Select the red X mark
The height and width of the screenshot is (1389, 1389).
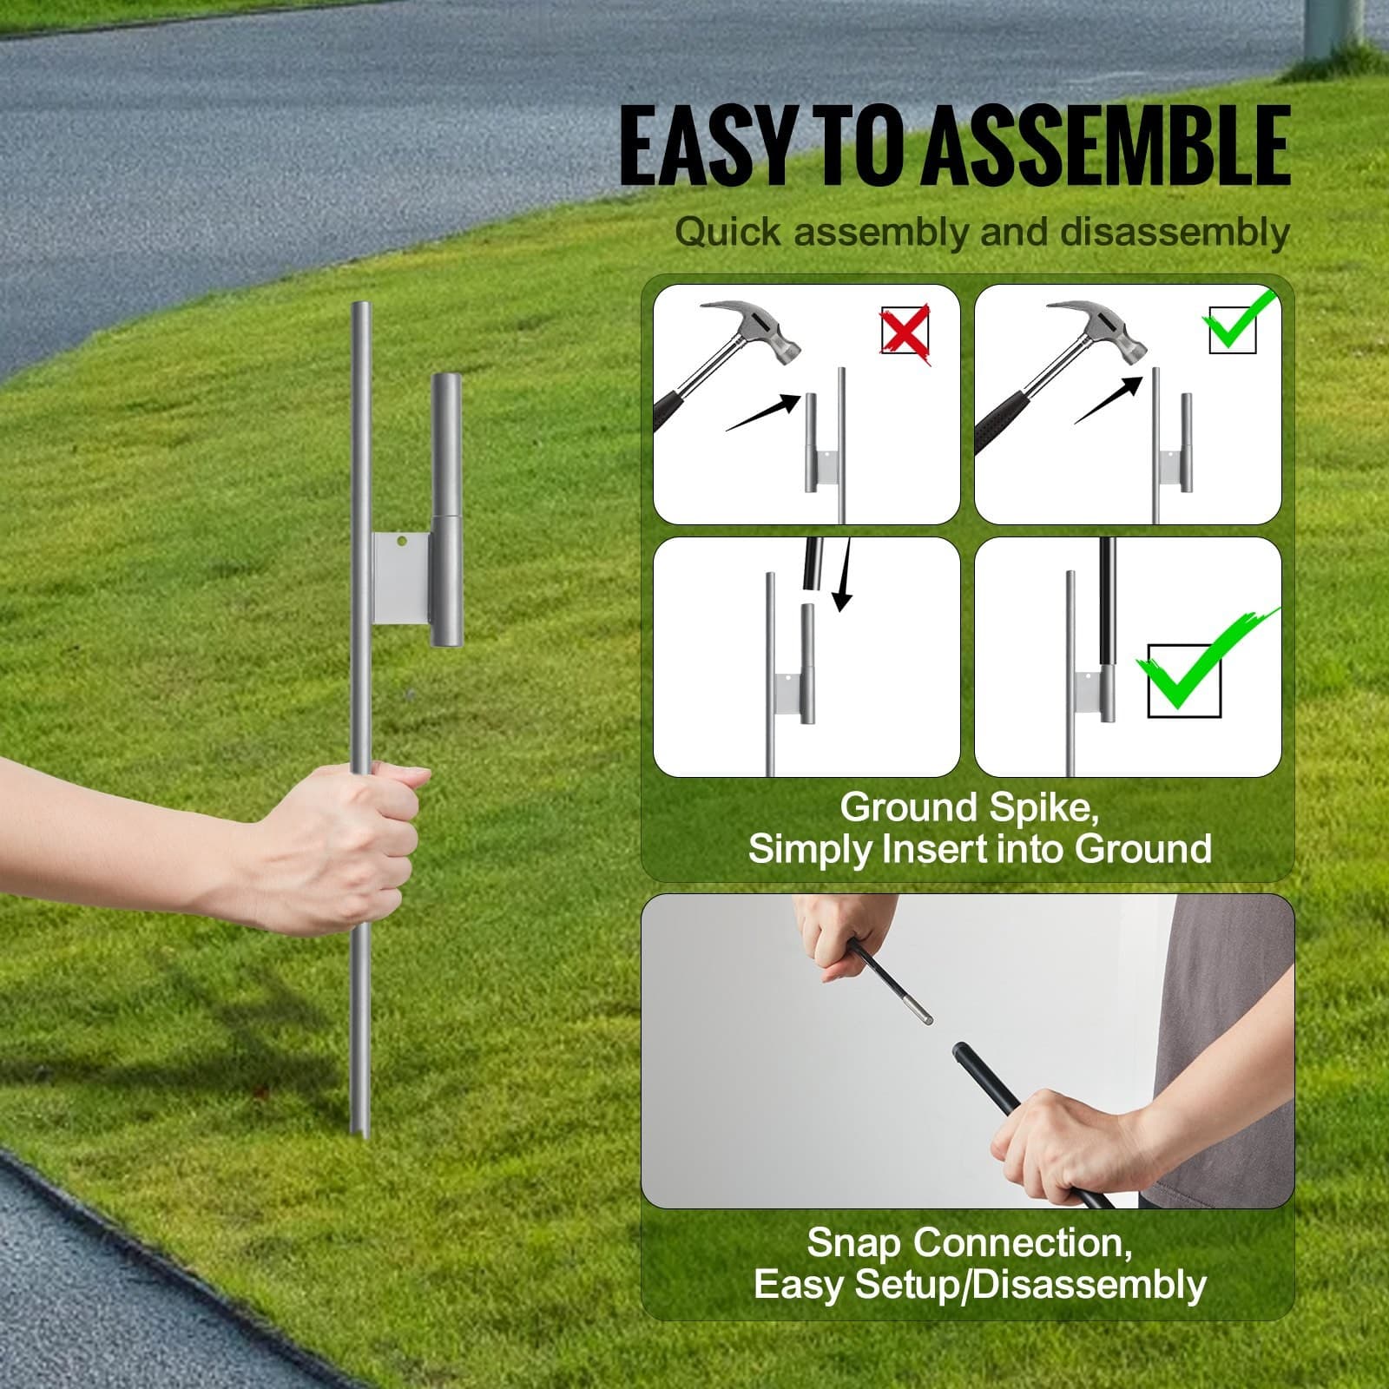point(905,331)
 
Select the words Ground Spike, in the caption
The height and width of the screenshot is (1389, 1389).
point(969,807)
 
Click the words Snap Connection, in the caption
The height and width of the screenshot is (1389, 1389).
point(969,1242)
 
